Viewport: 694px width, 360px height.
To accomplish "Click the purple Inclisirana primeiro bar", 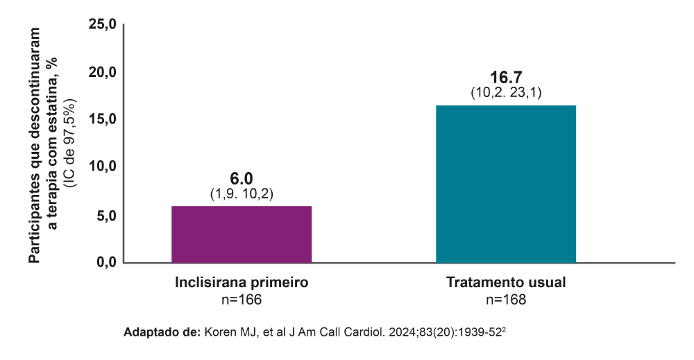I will [x=242, y=234].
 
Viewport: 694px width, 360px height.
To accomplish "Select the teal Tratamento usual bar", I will [x=506, y=184].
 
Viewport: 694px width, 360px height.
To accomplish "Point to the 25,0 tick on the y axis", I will [x=103, y=25].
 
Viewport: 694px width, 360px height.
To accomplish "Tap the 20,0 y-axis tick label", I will [x=103, y=73].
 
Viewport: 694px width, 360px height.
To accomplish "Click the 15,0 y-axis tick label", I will [x=103, y=120].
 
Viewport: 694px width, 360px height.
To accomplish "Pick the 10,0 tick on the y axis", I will [x=103, y=167].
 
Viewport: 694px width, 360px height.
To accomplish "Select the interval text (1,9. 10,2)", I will [x=242, y=194].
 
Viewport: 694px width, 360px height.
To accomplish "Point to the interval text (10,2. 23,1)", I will [x=506, y=93].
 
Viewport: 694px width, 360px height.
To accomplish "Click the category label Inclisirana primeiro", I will [x=242, y=283].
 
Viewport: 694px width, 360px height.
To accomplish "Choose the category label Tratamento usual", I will [x=506, y=283].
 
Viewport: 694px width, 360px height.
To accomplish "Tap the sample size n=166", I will [x=242, y=299].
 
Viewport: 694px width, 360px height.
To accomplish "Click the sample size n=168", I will [x=506, y=299].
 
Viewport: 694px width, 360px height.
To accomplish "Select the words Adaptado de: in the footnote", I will [x=161, y=332].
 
